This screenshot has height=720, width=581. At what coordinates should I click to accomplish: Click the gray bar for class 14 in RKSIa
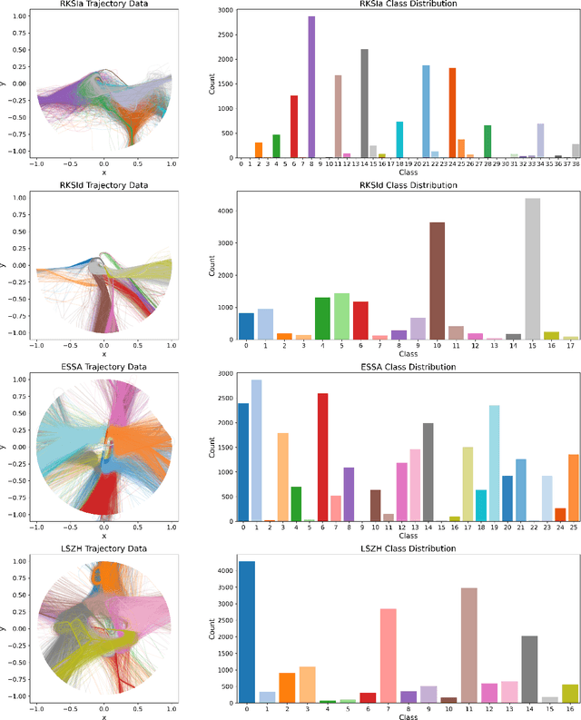click(364, 104)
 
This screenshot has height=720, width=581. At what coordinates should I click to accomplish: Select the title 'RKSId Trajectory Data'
click(103, 183)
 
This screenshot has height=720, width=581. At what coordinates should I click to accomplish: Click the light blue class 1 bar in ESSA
click(256, 450)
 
